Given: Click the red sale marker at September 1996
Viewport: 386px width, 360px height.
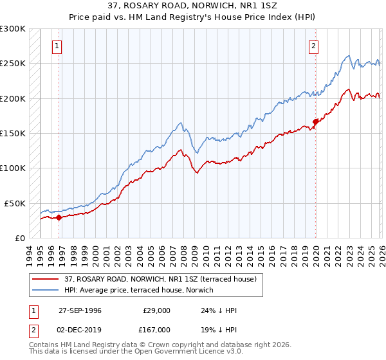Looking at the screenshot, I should pos(59,217).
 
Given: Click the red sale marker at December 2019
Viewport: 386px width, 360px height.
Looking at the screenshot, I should pos(315,121).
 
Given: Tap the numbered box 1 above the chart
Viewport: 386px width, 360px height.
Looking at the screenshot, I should pos(58,46).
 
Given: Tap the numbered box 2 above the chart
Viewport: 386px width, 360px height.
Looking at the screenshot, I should pos(313,46).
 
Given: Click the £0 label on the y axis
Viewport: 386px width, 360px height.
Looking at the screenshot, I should pos(20,238).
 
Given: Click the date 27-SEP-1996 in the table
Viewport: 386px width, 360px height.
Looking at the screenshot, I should pos(80,310).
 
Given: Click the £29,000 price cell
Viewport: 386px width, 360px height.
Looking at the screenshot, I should pos(156,310).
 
